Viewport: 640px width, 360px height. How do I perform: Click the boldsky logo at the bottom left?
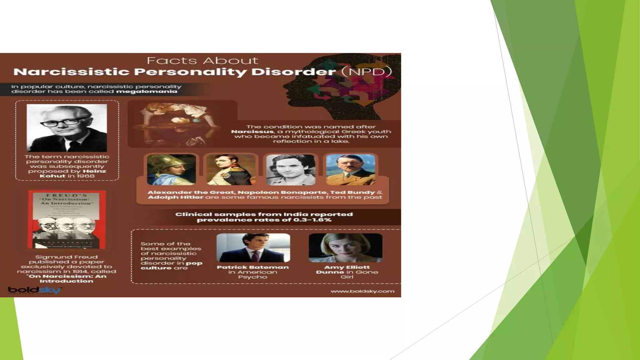[34, 290]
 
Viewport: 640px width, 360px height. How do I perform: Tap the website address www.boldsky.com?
[362, 291]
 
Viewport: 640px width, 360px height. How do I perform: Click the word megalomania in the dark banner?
[147, 92]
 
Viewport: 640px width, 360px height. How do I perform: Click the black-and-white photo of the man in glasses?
[67, 128]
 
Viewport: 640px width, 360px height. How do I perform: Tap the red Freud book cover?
[67, 219]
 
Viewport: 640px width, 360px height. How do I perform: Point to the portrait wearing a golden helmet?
[171, 170]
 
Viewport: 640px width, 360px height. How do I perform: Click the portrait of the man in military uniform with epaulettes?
[231, 170]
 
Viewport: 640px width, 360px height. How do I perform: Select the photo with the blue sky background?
[350, 170]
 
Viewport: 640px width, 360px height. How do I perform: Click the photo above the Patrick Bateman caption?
[253, 248]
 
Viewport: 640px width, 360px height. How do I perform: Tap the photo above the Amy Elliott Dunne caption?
[345, 248]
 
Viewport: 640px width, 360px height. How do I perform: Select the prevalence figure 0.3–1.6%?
[312, 220]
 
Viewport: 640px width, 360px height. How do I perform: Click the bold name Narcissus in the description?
[252, 132]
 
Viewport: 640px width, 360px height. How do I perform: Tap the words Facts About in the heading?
[202, 61]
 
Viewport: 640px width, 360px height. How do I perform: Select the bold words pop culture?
[171, 266]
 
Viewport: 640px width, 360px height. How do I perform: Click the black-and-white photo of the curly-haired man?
[291, 170]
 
